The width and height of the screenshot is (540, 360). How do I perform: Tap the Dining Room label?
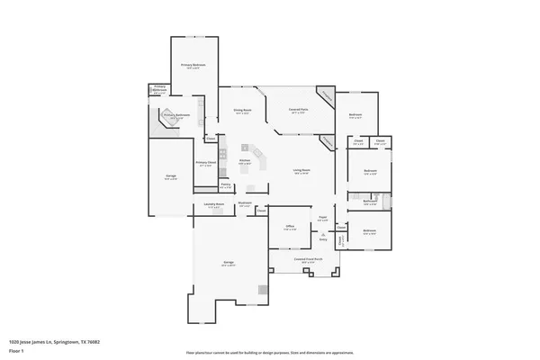[x=242, y=111]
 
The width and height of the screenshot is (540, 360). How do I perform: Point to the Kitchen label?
[x=244, y=162]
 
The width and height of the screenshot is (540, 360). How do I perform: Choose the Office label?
[x=291, y=227]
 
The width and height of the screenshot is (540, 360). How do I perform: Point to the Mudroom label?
[x=244, y=203]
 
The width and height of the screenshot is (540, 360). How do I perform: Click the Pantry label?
[x=226, y=185]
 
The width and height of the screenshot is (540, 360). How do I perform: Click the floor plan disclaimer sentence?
[x=270, y=352]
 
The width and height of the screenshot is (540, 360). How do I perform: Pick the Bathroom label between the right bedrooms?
[x=369, y=201]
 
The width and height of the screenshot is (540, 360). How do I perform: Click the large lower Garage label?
[x=229, y=263]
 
